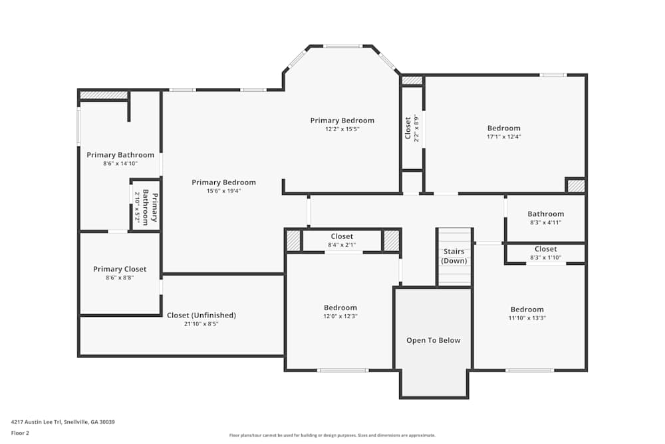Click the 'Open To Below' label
(433, 340)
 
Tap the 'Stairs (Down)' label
(454, 256)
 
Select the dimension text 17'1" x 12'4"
(503, 137)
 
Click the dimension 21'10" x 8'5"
(201, 324)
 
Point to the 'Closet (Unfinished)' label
(201, 315)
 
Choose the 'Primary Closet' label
(120, 269)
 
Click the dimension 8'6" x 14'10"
(120, 164)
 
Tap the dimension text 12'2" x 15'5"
(342, 129)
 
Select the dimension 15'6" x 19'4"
(223, 191)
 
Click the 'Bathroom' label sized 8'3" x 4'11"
(545, 214)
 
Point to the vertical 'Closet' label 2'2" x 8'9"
(408, 128)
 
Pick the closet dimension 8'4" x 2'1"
(342, 245)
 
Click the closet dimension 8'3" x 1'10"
(545, 257)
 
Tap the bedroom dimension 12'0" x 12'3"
(340, 316)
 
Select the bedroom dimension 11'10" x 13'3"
(527, 318)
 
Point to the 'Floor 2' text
(20, 433)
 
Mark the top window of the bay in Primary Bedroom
(342, 46)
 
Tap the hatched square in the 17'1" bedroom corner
(576, 186)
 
